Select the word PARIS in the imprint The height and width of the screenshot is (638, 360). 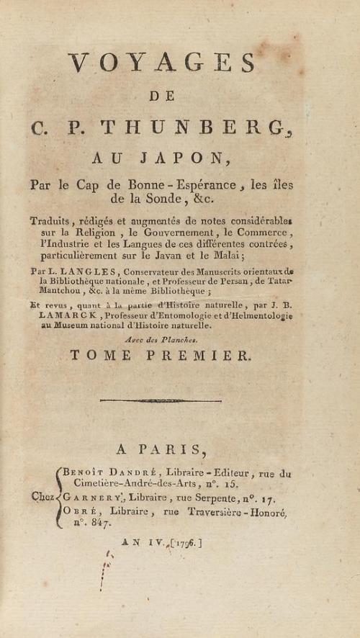click(x=180, y=450)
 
